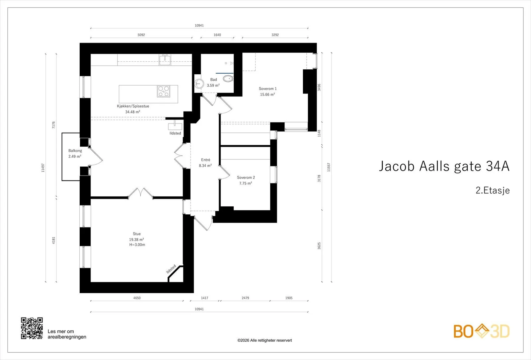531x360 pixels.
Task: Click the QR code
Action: point(32,328)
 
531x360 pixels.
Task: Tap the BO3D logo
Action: point(482,331)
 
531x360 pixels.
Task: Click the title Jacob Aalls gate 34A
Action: point(444,166)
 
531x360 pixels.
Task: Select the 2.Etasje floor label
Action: point(493,190)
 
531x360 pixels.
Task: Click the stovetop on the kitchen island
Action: point(164,91)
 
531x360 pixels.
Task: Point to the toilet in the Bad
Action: point(228,78)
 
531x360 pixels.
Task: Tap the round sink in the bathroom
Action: point(199,84)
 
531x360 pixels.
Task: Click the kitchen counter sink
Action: point(165,59)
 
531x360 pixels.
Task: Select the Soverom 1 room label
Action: point(267,89)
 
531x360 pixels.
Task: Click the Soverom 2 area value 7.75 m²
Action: point(246,183)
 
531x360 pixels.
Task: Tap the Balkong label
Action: point(75,151)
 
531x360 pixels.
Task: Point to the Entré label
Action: point(205,160)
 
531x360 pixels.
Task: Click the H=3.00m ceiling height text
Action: point(137,245)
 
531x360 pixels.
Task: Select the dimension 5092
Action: point(141,35)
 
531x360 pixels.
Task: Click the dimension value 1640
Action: point(217,35)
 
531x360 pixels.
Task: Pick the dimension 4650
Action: point(137,298)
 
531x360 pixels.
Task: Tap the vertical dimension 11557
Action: point(329,167)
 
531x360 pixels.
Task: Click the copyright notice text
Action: point(265,340)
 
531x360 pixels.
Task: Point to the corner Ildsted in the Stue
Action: point(171,269)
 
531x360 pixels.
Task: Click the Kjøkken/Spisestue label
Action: point(133,106)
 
